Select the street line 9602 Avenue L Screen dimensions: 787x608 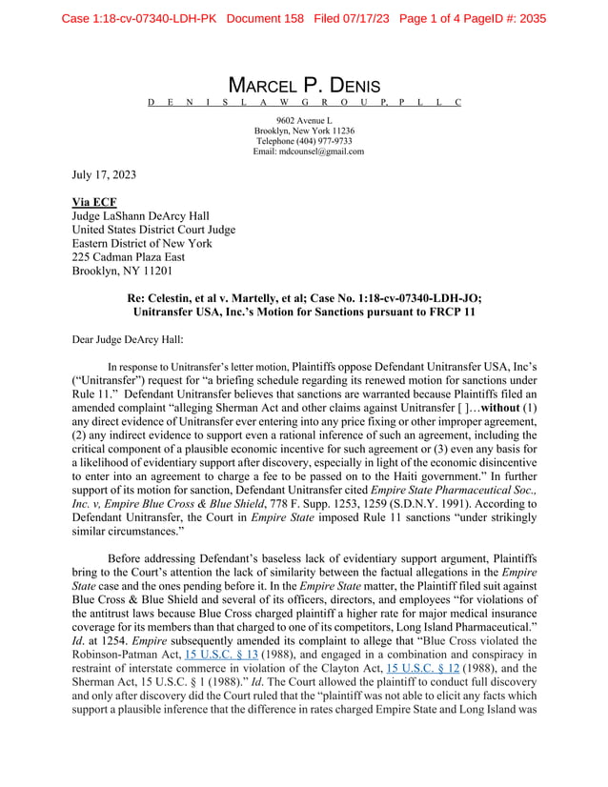304,120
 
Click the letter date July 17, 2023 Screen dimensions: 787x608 105,175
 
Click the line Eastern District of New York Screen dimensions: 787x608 140,243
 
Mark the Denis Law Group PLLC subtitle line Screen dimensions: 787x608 304,102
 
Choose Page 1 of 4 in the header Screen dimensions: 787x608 436,18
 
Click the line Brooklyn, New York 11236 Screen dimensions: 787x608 304,131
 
